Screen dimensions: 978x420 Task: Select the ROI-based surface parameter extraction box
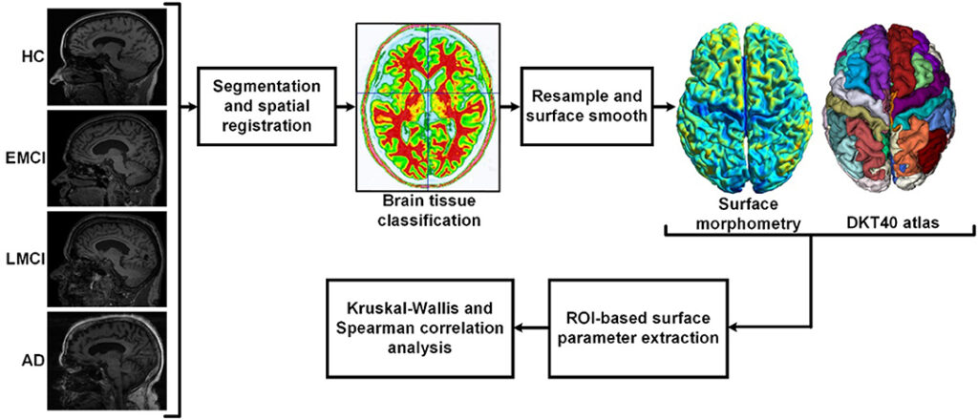[x=633, y=329]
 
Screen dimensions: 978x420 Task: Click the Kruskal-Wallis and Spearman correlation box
[x=420, y=328]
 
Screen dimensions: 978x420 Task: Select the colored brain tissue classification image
[x=427, y=108]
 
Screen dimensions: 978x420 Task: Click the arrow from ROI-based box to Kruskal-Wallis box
[x=531, y=327]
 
